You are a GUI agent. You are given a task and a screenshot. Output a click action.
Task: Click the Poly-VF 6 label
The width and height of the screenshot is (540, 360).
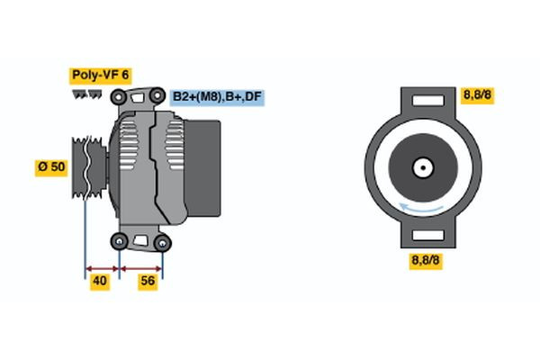[x=99, y=76]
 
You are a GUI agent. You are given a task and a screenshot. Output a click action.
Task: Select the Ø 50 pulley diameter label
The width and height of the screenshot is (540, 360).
[x=50, y=166]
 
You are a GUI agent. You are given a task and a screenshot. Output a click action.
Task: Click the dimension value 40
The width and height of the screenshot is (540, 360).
[x=102, y=281]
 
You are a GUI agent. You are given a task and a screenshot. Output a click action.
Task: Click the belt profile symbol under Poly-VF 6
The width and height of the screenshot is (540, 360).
[x=88, y=94]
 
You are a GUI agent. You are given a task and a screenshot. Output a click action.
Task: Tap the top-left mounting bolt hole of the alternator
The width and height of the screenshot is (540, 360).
[x=120, y=94]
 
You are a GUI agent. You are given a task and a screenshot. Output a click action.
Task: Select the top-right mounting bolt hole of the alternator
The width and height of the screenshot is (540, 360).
[x=158, y=95]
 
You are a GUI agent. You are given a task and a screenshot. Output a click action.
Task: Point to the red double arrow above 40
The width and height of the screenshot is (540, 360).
[x=102, y=267]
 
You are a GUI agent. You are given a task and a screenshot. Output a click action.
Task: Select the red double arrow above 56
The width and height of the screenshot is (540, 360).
[x=141, y=267]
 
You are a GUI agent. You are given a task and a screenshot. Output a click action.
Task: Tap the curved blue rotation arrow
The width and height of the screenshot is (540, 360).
[x=421, y=210]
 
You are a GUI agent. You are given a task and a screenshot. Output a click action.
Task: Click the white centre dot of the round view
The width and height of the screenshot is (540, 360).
[x=421, y=166]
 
